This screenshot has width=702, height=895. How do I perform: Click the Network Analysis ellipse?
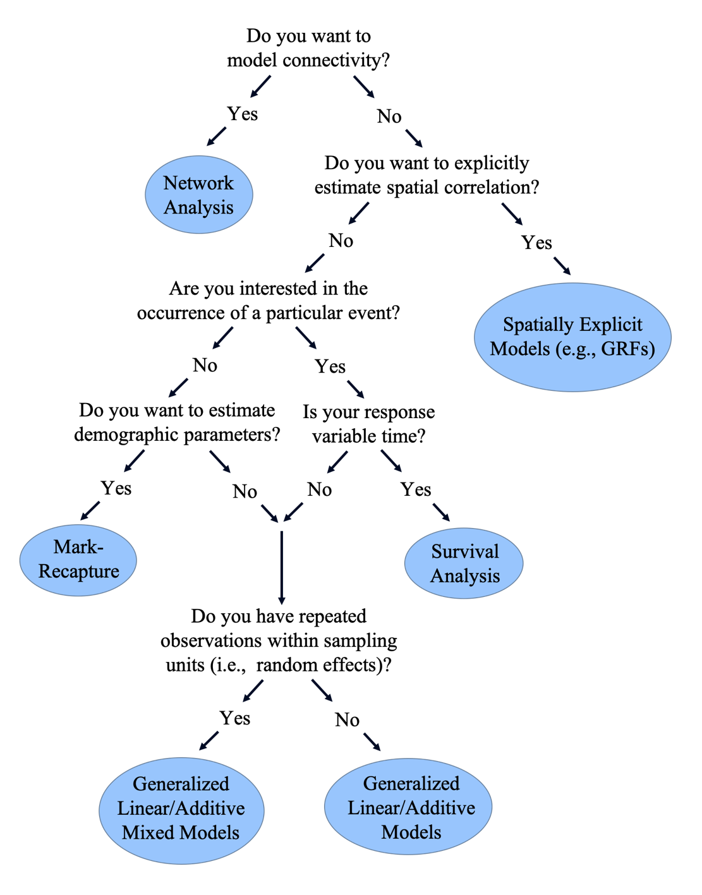coord(199,195)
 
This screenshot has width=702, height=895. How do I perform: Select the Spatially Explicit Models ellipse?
coord(572,337)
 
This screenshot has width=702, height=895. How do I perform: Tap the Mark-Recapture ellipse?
coord(78,560)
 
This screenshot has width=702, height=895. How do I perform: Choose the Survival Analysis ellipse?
coord(464,563)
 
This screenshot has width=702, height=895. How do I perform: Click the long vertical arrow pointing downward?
coord(281,567)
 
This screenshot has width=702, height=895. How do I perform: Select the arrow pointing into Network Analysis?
coord(217,136)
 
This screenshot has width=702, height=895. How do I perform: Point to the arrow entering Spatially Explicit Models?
coord(562,265)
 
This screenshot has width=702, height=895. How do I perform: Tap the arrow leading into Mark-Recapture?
coord(90,510)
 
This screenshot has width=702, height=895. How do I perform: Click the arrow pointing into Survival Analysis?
coord(441,512)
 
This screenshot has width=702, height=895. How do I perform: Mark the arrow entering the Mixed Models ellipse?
coord(209,740)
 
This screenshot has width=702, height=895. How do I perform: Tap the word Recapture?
coord(79,571)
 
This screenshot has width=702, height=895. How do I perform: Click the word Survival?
coord(465,551)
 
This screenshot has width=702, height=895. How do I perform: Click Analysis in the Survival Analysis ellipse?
coord(465,576)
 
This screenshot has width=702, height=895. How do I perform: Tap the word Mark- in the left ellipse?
coord(78,547)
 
